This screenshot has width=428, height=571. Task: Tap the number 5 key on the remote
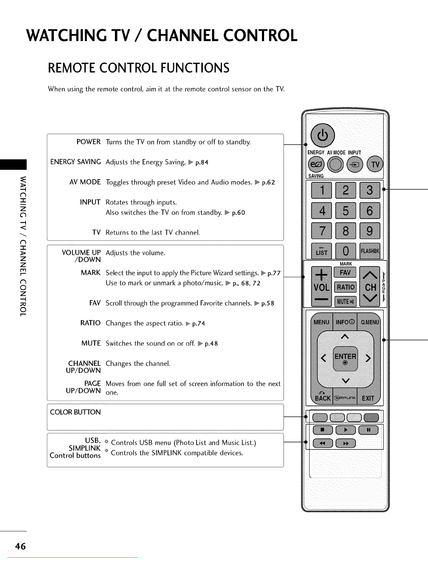point(345,211)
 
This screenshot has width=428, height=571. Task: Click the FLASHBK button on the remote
point(370,251)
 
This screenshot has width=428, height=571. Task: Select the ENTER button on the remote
point(345,358)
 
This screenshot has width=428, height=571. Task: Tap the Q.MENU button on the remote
point(370,322)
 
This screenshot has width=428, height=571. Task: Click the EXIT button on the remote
point(368,398)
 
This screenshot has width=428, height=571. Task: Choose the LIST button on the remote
point(321,251)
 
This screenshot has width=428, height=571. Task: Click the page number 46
point(20,546)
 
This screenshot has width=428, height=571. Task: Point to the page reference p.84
point(202,163)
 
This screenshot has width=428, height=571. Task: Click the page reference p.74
point(199,324)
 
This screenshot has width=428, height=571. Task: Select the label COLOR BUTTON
point(75,412)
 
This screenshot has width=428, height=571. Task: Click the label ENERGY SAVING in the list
point(75,162)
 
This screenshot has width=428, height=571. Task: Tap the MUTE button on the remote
point(345,301)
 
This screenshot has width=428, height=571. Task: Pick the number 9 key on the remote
point(370,231)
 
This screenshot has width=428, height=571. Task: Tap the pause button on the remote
point(368,430)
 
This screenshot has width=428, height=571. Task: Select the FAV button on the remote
point(345,273)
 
